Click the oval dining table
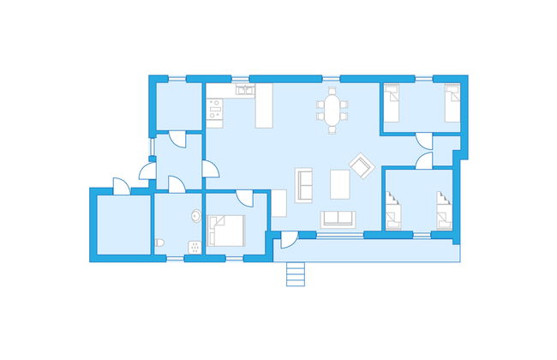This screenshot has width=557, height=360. (332, 111)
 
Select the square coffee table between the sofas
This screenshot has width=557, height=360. (340, 183)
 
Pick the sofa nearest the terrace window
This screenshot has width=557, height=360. (338, 219)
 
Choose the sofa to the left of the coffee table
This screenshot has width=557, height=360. (304, 183)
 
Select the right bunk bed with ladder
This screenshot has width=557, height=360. (443, 210)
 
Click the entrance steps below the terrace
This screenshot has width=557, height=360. (295, 273)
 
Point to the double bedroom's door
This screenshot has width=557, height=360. (243, 201)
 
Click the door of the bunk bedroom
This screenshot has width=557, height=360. (423, 161)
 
